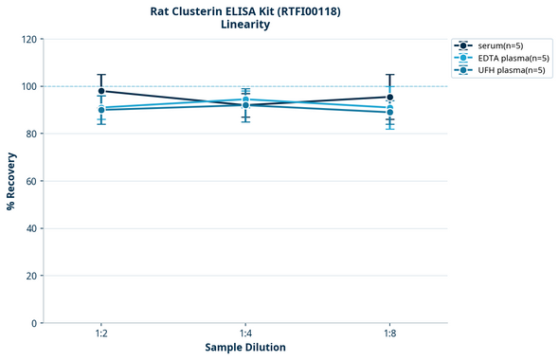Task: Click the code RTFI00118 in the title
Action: [x=305, y=11]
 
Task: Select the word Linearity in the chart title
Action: [x=245, y=26]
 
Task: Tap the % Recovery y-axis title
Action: [x=11, y=181]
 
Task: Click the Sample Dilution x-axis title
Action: [x=245, y=348]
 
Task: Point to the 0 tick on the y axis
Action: [x=34, y=323]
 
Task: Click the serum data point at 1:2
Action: [x=101, y=91]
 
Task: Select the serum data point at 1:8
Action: [x=390, y=97]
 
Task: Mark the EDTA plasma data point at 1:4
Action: [x=245, y=99]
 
